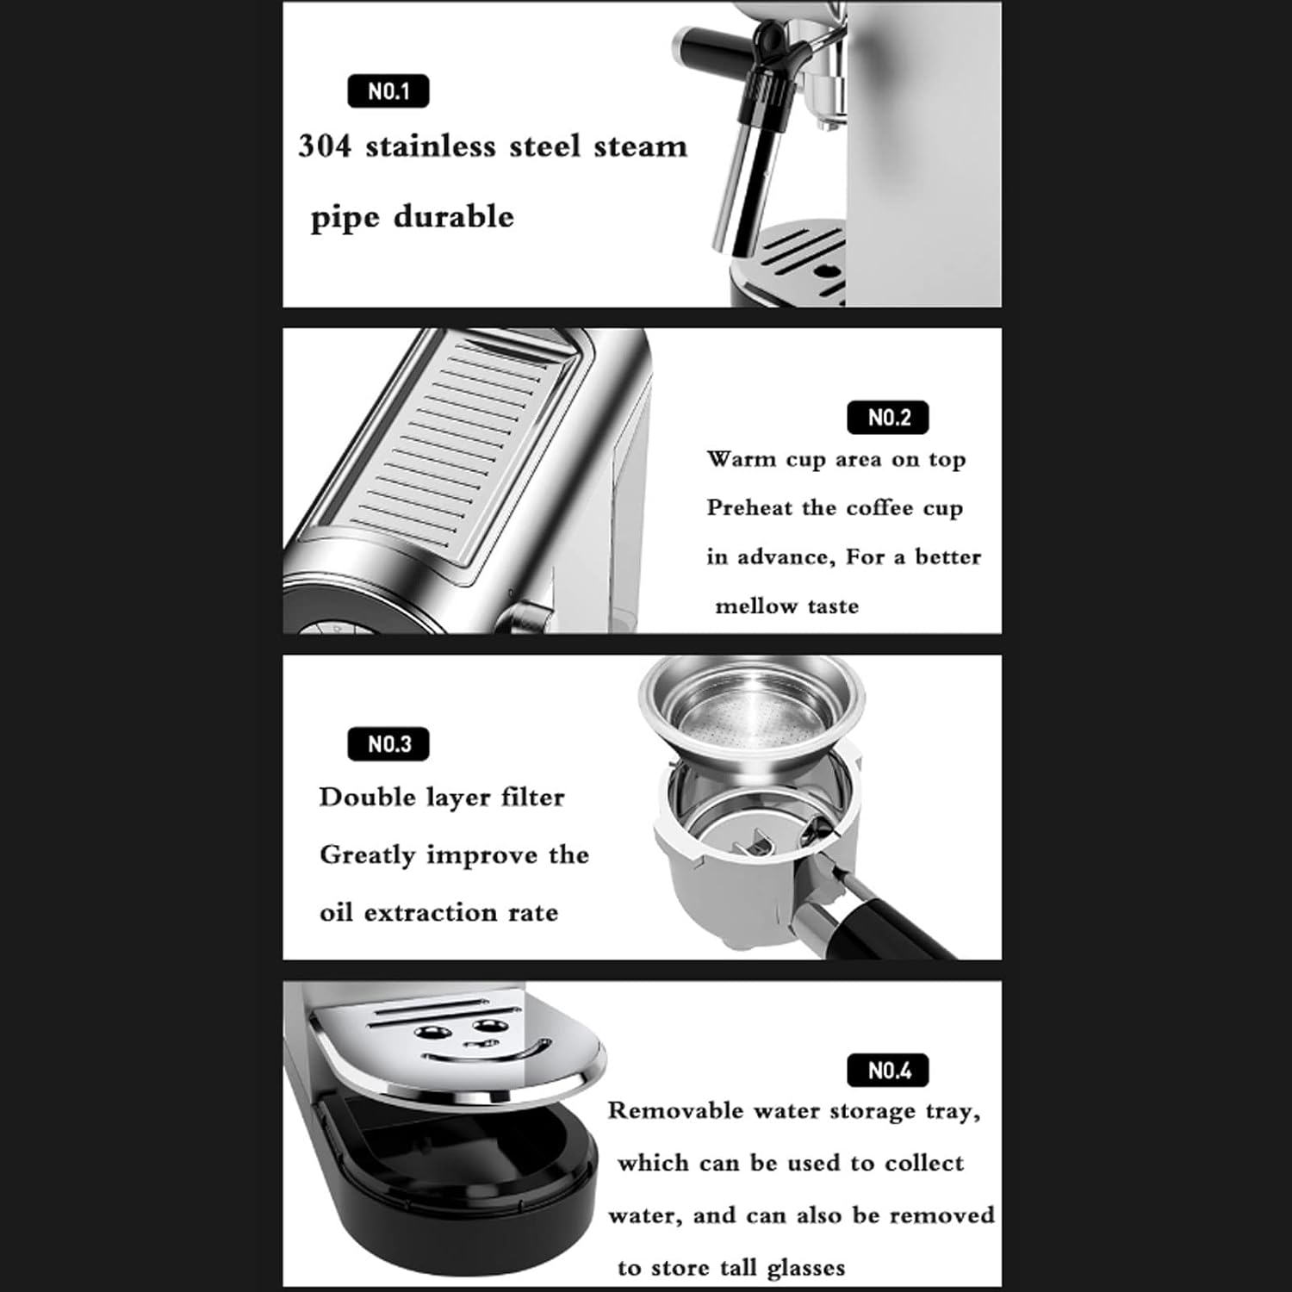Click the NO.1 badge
pyautogui.click(x=388, y=91)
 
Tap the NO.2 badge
pyautogui.click(x=889, y=418)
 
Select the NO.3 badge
pyautogui.click(x=388, y=744)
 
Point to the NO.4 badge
pyautogui.click(x=889, y=1071)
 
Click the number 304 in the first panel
pyautogui.click(x=325, y=146)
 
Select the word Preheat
pyautogui.click(x=748, y=507)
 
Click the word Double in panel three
pyautogui.click(x=367, y=797)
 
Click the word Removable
pyautogui.click(x=675, y=1110)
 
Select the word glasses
pyautogui.click(x=806, y=1268)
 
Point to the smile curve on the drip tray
pyautogui.click(x=488, y=1053)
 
